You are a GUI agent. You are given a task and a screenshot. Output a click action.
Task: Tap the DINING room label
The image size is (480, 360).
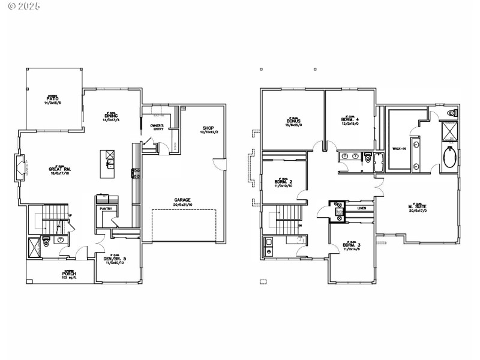pyautogui.click(x=111, y=115)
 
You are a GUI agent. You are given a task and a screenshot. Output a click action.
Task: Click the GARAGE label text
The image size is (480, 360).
pyautogui.click(x=182, y=199)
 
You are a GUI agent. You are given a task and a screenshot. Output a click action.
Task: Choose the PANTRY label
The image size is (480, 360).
pyautogui.click(x=107, y=209)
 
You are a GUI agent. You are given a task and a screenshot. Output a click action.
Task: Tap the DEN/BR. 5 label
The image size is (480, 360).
pyautogui.click(x=115, y=259)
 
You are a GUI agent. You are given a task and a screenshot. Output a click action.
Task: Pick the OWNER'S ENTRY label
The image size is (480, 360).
pyautogui.click(x=157, y=127)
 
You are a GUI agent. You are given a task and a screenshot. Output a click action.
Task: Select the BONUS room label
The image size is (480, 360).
pyautogui.click(x=293, y=121)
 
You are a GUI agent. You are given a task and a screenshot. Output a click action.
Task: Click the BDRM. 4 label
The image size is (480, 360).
pyautogui.click(x=349, y=120)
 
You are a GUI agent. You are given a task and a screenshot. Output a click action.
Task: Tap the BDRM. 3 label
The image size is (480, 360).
pyautogui.click(x=351, y=245)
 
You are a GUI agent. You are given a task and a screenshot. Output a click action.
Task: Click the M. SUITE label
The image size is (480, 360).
pyautogui.click(x=417, y=207)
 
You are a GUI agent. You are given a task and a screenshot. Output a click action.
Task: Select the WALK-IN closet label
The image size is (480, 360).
pyautogui.click(x=399, y=148)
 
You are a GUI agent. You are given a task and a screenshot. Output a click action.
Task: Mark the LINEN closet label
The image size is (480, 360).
pyautogui.click(x=361, y=208)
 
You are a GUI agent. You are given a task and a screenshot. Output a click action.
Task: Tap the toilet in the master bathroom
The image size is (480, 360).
pyautogui.click(x=452, y=113)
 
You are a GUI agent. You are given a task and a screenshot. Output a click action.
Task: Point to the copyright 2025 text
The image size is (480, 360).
pyautogui.click(x=21, y=7)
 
